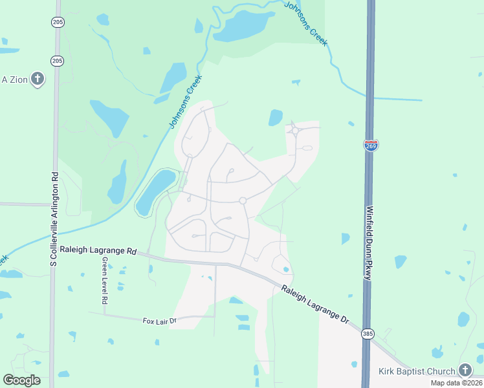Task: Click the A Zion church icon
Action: tap(38, 80)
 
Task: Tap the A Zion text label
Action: tap(13, 80)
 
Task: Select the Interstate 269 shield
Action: tap(371, 145)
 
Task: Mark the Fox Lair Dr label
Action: tap(159, 320)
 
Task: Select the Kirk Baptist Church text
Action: tap(417, 371)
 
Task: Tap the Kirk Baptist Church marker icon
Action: tap(465, 371)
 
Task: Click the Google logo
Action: tap(21, 380)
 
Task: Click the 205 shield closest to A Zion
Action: tap(58, 61)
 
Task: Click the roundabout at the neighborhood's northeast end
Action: tap(295, 131)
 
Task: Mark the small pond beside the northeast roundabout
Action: tap(276, 118)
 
